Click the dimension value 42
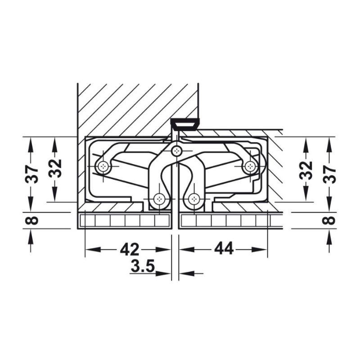pyautogui.click(x=129, y=249)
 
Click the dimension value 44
pyautogui.click(x=224, y=248)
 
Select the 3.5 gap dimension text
pyautogui.click(x=143, y=266)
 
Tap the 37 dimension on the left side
pyautogui.click(x=32, y=174)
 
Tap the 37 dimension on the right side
pyautogui.click(x=329, y=175)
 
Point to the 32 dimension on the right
pyautogui.click(x=306, y=171)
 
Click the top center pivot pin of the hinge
pyautogui.click(x=176, y=151)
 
